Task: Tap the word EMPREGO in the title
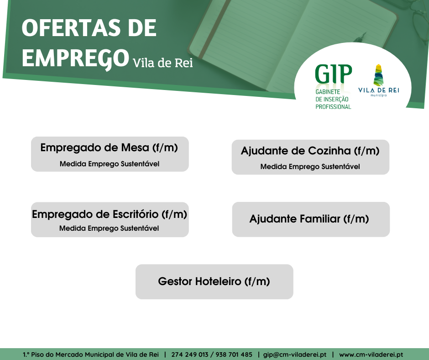[75, 58]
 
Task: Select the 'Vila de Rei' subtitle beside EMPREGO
[163, 63]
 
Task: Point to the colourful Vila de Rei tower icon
[378, 74]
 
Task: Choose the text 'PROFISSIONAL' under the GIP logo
[333, 106]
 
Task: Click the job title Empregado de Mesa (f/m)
[109, 148]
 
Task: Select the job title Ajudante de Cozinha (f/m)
[310, 151]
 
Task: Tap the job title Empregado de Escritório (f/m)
[110, 214]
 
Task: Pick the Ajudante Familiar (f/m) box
[311, 219]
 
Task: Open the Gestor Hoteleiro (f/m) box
[214, 281]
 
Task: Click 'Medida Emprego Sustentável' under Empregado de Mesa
[110, 164]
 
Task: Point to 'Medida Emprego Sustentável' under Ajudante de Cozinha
[310, 167]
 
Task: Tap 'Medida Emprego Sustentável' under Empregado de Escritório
[109, 228]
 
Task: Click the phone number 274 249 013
[189, 355]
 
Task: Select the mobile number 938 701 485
[234, 355]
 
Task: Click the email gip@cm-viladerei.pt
[295, 355]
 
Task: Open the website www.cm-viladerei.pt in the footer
[371, 355]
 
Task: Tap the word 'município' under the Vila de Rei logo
[379, 95]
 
